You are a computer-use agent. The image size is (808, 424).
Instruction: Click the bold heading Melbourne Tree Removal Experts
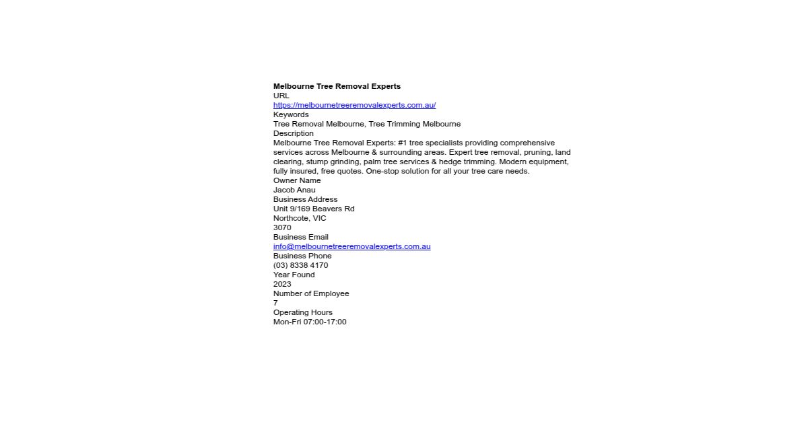[337, 86]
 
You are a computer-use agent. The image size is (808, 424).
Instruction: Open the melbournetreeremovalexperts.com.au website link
[354, 105]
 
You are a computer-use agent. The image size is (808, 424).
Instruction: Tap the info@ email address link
[351, 246]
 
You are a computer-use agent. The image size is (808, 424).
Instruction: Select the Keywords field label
[291, 114]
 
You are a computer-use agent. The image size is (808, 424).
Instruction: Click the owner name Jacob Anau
[294, 190]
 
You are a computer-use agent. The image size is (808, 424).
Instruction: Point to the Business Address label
[305, 199]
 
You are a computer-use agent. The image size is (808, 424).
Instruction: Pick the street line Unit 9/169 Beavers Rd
[314, 209]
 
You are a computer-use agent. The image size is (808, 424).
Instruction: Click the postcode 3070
[282, 227]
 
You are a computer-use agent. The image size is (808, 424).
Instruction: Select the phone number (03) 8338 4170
[300, 265]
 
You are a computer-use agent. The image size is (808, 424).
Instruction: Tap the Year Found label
[294, 275]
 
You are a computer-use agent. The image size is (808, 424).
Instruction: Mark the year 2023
[282, 284]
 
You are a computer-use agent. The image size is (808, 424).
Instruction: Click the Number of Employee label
[311, 293]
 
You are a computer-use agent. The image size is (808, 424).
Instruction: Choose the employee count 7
[275, 303]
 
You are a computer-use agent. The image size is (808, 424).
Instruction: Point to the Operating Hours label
[302, 312]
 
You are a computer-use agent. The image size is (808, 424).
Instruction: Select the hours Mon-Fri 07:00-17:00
[310, 322]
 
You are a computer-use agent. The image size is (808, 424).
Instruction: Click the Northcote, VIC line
[300, 218]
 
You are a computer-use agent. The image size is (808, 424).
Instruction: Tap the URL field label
[281, 96]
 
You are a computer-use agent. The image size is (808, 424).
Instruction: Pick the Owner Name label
[297, 180]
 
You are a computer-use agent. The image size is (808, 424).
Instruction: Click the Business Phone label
[302, 256]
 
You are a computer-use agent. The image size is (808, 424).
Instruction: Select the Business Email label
[300, 237]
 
